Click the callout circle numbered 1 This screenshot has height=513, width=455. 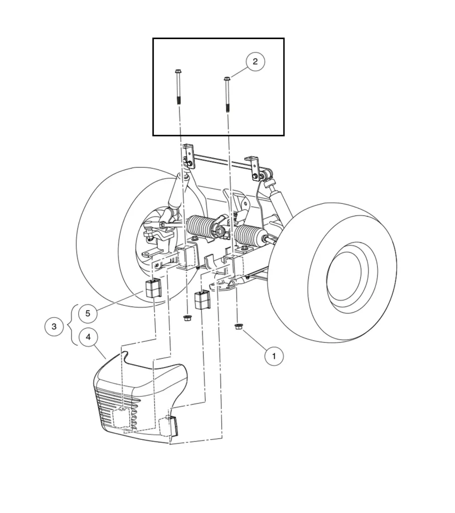point(274,356)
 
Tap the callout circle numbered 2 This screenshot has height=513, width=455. point(255,62)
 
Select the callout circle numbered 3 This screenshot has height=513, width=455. point(54,327)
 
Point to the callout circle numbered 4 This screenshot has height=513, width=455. point(88,337)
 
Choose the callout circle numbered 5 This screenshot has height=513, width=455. point(88,314)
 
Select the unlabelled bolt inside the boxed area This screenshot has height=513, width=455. point(178,87)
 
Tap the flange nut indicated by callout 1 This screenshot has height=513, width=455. point(239,327)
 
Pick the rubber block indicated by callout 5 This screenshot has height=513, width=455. point(153,289)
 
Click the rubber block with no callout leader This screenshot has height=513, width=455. point(201,299)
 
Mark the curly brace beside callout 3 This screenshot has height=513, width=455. point(74,326)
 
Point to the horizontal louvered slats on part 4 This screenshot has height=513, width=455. point(113,403)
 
